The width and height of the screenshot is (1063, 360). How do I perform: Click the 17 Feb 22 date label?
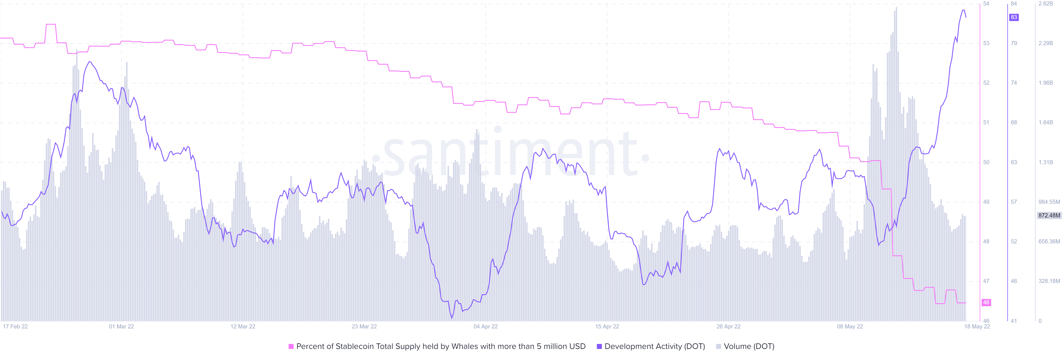15,326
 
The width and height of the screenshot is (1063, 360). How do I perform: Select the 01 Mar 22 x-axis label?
121,326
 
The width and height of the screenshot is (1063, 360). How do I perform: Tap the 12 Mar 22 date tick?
243,326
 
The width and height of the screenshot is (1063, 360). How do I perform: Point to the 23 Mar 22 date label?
364,326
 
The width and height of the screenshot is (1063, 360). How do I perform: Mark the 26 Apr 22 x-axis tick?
728,326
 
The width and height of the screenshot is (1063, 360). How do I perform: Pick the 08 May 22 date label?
850,326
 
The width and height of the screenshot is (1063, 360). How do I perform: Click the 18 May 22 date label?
977,326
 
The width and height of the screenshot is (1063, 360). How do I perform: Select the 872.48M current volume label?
1049,215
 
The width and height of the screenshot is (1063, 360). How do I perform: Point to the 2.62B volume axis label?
1046,4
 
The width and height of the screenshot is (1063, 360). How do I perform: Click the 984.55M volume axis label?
1049,202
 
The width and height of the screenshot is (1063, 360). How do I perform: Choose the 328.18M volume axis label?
1049,281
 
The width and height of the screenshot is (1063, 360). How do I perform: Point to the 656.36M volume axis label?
1049,241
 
